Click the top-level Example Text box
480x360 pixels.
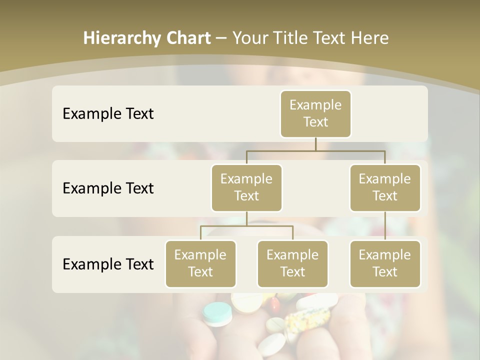coord(315,114)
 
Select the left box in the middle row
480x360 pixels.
coord(246,187)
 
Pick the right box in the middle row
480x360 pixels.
coord(385,187)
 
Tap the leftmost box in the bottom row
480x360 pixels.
coord(200,263)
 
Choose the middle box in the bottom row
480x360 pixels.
coord(292,263)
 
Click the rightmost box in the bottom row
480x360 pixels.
coord(385,263)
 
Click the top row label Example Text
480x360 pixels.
coord(108,114)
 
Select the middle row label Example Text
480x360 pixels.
coord(108,188)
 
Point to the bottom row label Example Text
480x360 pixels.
coord(108,264)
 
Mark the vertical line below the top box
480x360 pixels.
coord(315,144)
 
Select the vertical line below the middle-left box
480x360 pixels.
coord(246,218)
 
